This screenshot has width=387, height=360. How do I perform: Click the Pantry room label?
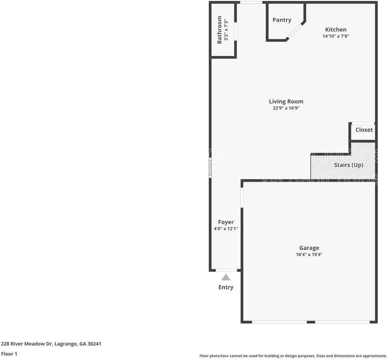point(282,20)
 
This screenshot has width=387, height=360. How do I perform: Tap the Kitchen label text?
point(336,29)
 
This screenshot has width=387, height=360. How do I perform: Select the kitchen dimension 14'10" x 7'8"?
point(336,36)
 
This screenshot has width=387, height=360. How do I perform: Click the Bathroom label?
point(220,29)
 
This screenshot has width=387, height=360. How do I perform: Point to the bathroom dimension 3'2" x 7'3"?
point(226,29)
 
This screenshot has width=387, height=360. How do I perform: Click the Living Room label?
point(286,101)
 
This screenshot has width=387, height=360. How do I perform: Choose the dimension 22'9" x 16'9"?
point(286,108)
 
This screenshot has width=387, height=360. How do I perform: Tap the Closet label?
point(364,130)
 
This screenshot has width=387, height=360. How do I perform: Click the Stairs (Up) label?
point(348,165)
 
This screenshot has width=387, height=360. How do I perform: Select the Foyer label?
point(226,222)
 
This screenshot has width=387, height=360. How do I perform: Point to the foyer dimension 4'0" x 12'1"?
point(226,229)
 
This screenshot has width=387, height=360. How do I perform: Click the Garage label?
point(309,248)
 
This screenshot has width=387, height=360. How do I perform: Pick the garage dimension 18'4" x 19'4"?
point(309,255)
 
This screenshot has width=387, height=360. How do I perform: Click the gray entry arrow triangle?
point(226,277)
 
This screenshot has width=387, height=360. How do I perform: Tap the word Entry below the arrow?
point(226,287)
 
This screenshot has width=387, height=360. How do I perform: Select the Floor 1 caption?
point(9,354)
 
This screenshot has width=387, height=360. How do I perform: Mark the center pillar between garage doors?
point(311,322)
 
